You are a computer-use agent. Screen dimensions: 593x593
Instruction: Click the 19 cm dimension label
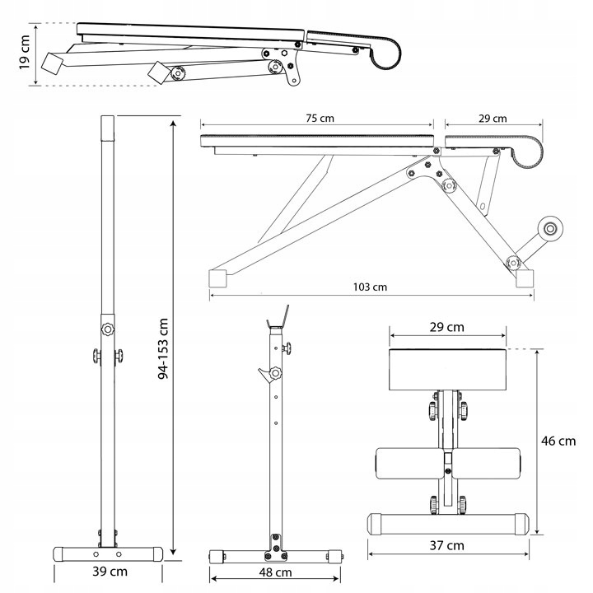[x=24, y=54]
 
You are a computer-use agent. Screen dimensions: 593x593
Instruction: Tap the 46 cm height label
[x=558, y=441]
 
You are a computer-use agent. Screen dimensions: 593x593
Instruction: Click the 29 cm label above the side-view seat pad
[x=493, y=118]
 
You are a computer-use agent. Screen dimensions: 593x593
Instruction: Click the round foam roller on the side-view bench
[x=549, y=230]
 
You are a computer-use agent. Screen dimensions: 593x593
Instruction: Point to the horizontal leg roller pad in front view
[x=448, y=465]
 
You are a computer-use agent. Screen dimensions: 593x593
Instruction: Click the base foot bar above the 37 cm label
[x=447, y=522]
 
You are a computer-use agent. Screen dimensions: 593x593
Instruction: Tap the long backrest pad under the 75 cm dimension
[x=317, y=139]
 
